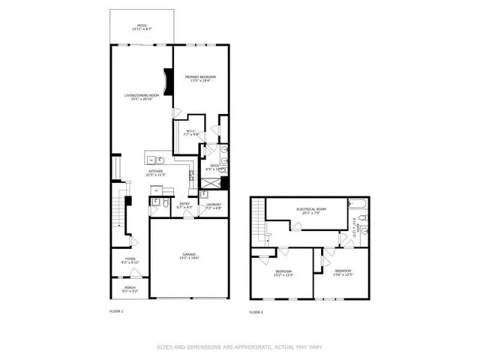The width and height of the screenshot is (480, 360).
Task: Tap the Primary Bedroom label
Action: click(201, 79)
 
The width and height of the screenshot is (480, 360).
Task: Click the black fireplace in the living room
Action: click(168, 80)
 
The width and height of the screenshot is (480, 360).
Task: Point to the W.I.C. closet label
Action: click(191, 133)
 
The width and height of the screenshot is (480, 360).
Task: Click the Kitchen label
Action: click(156, 173)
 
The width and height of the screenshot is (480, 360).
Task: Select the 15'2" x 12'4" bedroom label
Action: click(283, 272)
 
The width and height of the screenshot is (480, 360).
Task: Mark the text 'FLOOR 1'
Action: click(116, 310)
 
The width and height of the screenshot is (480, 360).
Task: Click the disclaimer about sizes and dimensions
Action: click(239, 346)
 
